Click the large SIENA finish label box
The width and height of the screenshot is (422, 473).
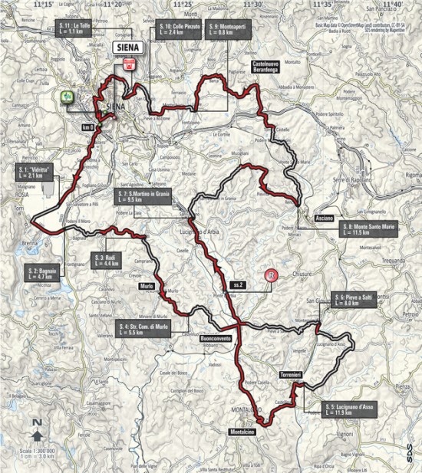129,46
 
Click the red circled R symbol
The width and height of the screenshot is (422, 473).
269,276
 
